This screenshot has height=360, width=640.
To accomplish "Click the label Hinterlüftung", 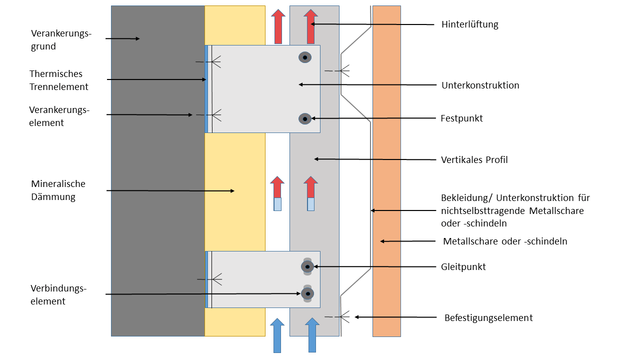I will point(469,24).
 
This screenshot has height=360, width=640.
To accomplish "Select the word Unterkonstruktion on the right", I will point(480,85).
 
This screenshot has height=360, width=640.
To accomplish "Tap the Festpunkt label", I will point(461,118).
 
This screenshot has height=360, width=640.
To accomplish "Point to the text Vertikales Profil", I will point(474,160).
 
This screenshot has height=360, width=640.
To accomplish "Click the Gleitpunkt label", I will point(463,266).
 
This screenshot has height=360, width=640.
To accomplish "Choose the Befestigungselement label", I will point(488,317).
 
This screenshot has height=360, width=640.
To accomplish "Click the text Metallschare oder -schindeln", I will point(505,241).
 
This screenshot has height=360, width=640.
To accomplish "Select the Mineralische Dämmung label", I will point(58,190).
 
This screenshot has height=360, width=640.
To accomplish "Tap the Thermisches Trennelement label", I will point(58,80).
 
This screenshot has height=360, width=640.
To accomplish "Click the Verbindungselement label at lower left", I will point(58,295).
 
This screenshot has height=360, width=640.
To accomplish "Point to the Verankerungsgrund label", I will point(61,40).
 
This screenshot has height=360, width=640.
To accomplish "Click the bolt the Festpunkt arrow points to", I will point(305,118).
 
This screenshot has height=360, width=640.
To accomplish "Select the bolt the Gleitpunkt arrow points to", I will point(307,266).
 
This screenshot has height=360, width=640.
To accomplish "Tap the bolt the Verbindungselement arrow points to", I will point(307,293).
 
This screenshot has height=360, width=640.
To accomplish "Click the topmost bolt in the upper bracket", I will point(305,57).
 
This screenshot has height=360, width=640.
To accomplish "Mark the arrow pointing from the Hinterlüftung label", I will point(372,24).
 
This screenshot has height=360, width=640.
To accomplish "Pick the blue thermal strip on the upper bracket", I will point(206,89).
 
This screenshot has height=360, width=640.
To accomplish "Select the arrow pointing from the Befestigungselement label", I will point(395,317).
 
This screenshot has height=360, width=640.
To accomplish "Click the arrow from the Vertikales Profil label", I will point(375,159).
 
